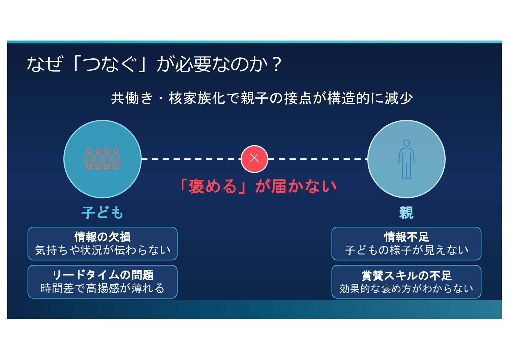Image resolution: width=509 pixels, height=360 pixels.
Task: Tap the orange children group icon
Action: point(102,159)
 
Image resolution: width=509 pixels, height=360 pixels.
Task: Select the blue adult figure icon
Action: point(406,159)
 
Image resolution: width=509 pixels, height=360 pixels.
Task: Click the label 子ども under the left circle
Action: point(102,212)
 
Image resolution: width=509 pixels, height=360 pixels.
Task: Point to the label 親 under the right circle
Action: point(406,212)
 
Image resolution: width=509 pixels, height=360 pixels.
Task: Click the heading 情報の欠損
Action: point(102,237)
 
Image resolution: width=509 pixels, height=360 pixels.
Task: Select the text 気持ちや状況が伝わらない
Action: point(102,250)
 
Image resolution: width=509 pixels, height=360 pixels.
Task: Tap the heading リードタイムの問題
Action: point(102,275)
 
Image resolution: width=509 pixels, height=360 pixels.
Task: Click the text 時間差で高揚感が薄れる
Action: point(102,288)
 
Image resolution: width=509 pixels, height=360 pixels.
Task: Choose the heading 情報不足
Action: point(406,237)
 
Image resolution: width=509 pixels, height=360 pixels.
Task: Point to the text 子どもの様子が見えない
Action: point(406,250)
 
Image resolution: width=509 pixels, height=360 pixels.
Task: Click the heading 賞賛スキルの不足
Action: point(406,275)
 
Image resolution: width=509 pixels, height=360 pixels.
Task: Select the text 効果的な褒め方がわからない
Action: point(406,289)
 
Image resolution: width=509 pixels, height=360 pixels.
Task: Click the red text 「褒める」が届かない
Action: point(258,186)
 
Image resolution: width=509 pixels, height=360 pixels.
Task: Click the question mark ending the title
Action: point(276,64)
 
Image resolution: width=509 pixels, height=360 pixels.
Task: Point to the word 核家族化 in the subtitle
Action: point(197,98)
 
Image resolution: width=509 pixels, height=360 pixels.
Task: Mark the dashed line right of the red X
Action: point(318,159)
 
